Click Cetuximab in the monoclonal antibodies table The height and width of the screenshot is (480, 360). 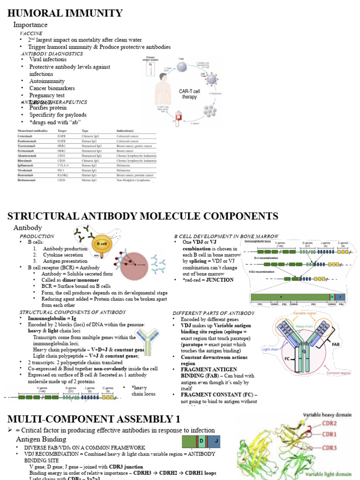coord(27,135)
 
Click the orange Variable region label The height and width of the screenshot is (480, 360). coord(305,312)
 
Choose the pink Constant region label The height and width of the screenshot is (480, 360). coord(339,373)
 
